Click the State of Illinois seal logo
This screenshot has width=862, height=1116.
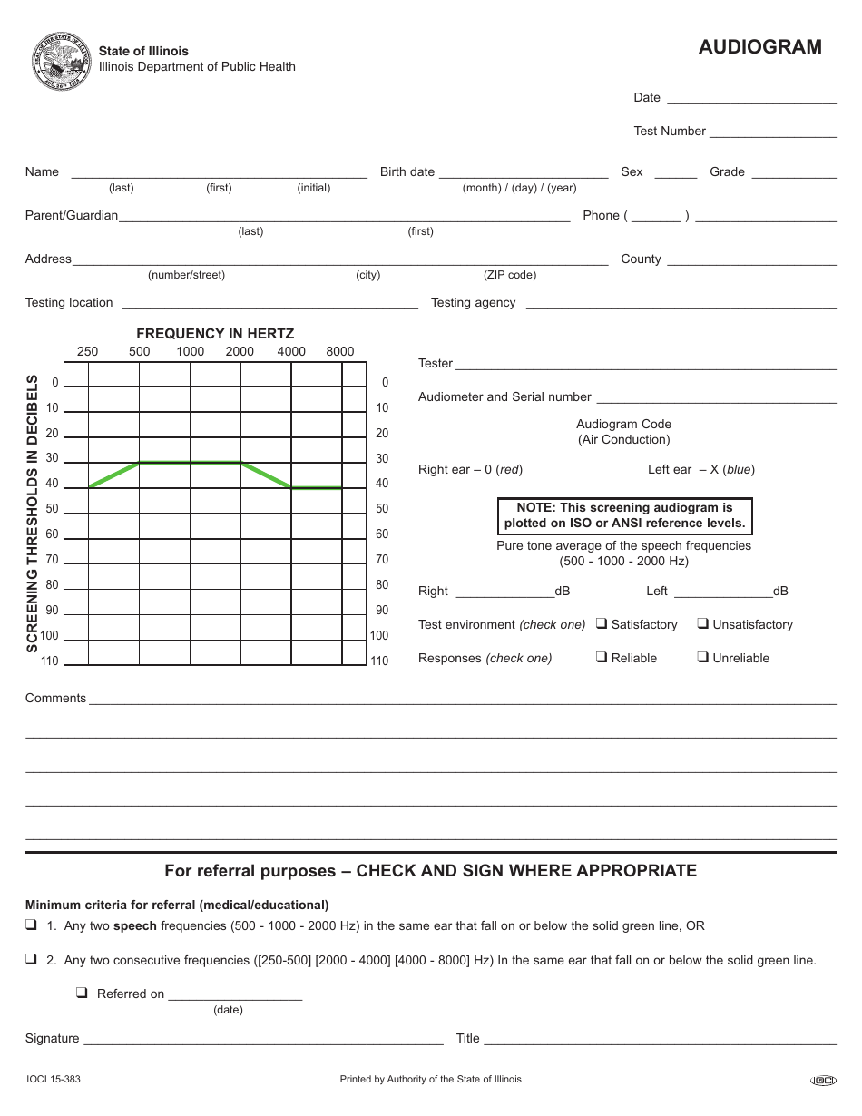(62, 61)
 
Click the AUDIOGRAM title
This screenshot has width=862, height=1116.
(759, 47)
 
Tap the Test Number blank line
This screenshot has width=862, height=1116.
(772, 132)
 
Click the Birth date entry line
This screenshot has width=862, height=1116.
(523, 172)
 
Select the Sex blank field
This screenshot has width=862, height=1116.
(675, 172)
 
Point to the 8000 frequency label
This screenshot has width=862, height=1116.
(339, 351)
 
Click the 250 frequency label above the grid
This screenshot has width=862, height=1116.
(87, 351)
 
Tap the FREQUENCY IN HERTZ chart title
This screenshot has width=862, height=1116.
(215, 334)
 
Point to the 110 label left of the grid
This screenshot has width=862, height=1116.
(49, 661)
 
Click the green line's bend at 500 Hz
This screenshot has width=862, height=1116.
(139, 463)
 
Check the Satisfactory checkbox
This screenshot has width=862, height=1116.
(602, 624)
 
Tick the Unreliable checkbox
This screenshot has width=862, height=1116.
(702, 658)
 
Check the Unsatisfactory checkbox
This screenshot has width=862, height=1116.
(702, 624)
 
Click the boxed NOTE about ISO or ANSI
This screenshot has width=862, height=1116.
(624, 515)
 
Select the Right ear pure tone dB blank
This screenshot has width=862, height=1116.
(504, 592)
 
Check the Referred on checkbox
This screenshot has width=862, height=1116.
(82, 994)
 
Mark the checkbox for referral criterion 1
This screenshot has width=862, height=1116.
(31, 926)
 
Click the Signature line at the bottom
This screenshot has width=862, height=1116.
(263, 1040)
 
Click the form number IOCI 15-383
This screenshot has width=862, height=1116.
(54, 1080)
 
